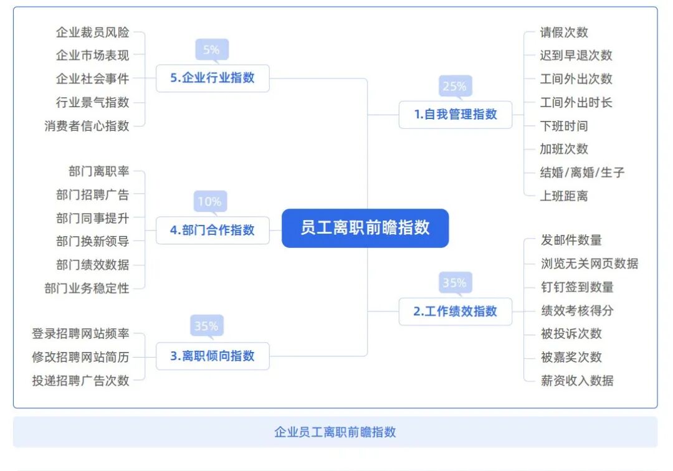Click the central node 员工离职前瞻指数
[365, 228]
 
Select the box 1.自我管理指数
[456, 115]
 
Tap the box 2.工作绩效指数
[456, 312]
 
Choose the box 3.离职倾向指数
[212, 356]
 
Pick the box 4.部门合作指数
[212, 230]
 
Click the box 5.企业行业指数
[212, 78]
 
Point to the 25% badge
[454, 87]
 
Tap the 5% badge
[211, 50]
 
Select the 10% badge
[210, 201]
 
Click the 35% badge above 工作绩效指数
[454, 283]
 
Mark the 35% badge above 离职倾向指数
[206, 326]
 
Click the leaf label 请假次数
[564, 32]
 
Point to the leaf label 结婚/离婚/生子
[582, 173]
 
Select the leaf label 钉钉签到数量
[577, 287]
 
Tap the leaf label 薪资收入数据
[577, 381]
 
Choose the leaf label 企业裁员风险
[93, 32]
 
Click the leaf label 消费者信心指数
[87, 126]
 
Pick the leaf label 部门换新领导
[93, 241]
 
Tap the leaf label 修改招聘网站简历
[80, 357]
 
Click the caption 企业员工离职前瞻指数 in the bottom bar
[335, 432]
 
